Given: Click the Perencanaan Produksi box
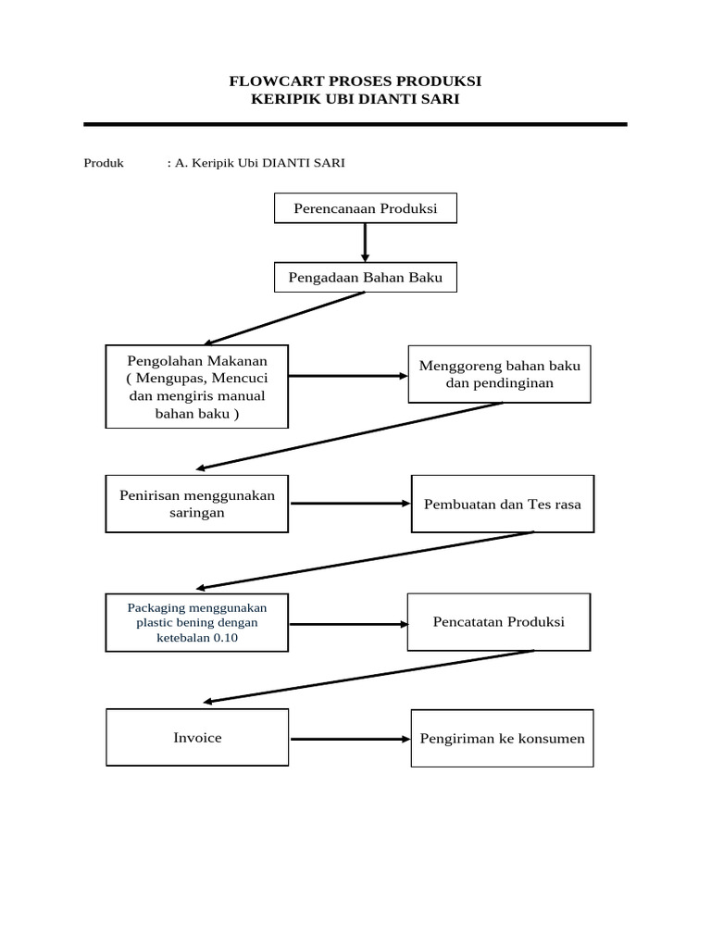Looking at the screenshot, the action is [x=365, y=208].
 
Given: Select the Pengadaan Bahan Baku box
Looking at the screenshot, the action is [x=365, y=277].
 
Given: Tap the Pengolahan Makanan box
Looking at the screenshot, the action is [x=196, y=386].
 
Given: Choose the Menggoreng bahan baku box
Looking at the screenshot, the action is [x=499, y=374].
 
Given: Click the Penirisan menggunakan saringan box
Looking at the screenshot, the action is [x=196, y=504].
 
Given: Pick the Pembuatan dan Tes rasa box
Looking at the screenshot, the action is [x=503, y=504].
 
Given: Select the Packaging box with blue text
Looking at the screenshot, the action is [x=196, y=622].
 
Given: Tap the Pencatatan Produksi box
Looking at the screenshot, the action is [x=499, y=622].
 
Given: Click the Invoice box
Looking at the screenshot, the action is [x=197, y=738].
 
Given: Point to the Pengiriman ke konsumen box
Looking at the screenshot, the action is [x=503, y=738].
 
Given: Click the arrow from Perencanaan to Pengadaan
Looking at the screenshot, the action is [x=365, y=243].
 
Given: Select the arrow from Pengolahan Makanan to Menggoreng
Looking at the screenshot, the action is [x=348, y=376].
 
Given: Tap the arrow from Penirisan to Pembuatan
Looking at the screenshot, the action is [x=351, y=503].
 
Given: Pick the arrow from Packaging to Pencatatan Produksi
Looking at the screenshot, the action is [x=349, y=624].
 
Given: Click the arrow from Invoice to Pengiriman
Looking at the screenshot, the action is [x=351, y=739].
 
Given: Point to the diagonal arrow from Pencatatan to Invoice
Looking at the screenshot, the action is [x=368, y=677].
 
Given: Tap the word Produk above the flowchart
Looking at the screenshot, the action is [x=104, y=163].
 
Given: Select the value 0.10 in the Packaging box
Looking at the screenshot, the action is [x=226, y=637].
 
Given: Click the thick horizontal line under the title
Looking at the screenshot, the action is [x=355, y=124].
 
